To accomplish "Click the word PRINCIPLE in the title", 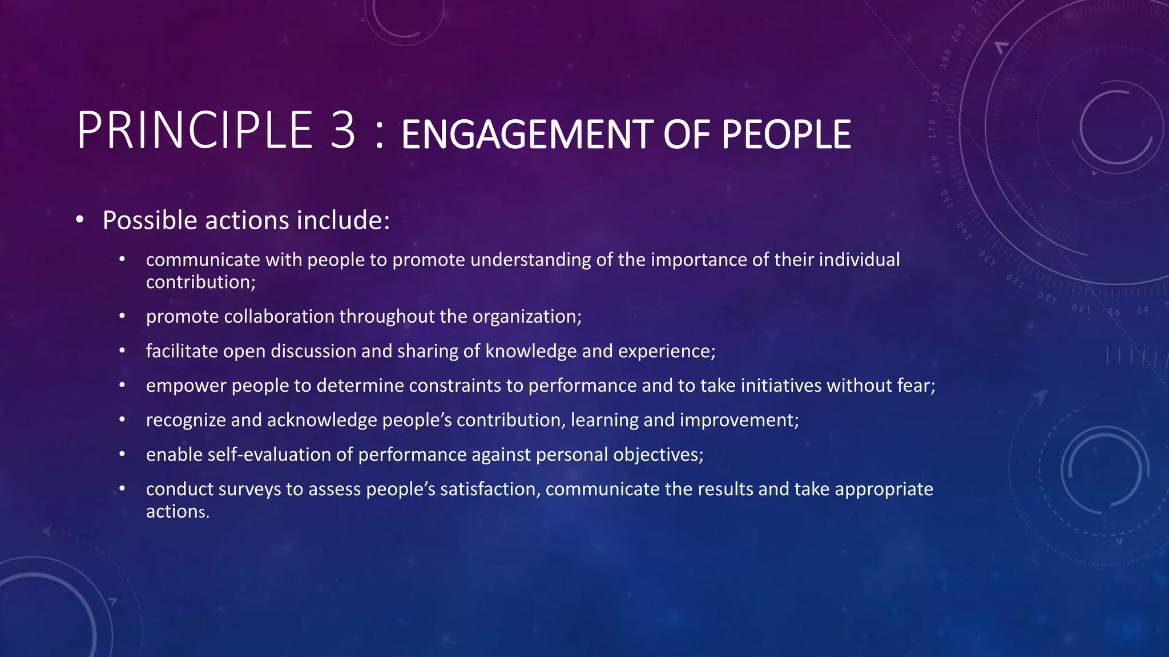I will [195, 131].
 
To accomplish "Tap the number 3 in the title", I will [342, 131].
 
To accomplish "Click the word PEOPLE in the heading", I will [786, 135].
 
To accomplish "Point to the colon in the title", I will [379, 137].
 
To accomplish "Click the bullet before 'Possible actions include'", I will [80, 220].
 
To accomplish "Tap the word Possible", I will [150, 220].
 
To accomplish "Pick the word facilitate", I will [182, 351].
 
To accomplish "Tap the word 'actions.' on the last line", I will [178, 512].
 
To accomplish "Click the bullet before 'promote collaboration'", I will [122, 317].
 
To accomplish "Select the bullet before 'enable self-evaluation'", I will [122, 455].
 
